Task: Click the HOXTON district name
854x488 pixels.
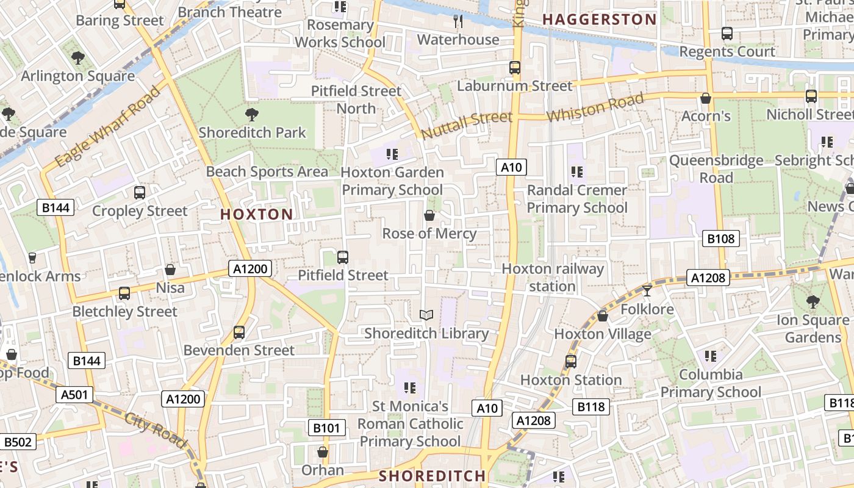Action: [x=256, y=214]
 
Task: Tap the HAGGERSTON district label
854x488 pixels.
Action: [x=600, y=20]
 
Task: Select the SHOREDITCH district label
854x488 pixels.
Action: [x=432, y=476]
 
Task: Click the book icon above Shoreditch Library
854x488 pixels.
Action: [x=426, y=315]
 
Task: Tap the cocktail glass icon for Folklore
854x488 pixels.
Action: [x=647, y=290]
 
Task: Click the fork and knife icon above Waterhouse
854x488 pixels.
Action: [x=458, y=22]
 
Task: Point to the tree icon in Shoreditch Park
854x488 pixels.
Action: [x=251, y=114]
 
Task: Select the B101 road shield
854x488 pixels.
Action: [x=326, y=428]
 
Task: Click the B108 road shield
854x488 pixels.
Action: [x=720, y=239]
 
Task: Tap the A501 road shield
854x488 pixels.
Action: [x=75, y=395]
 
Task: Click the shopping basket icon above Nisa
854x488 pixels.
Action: [x=170, y=270]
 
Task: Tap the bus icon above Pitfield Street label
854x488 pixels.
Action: [x=343, y=257]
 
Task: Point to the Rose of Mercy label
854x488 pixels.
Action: [x=429, y=234]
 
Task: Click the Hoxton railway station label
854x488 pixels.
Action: [x=553, y=278]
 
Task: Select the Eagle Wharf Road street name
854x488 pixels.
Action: [x=107, y=127]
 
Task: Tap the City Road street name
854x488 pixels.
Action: [x=156, y=430]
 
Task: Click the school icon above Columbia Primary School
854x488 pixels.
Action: [x=710, y=356]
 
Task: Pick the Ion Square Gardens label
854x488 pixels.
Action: [x=813, y=329]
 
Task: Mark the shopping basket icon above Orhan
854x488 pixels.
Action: [x=323, y=452]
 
